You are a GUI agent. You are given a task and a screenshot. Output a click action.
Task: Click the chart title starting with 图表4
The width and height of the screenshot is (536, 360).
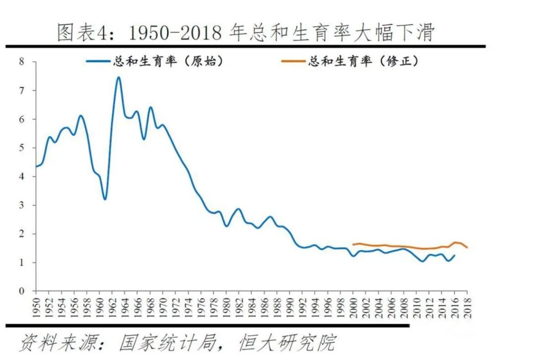[246, 33]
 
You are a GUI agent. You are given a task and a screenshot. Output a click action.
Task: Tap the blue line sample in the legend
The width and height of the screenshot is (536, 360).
[98, 62]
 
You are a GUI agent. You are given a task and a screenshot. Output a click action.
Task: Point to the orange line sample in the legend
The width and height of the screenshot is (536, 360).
[293, 62]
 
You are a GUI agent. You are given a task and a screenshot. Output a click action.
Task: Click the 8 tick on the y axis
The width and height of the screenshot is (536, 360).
[21, 62]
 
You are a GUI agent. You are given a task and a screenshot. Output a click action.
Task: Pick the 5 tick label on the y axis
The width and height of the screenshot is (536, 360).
[21, 148]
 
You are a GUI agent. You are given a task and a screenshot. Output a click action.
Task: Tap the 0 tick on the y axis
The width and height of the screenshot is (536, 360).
[21, 291]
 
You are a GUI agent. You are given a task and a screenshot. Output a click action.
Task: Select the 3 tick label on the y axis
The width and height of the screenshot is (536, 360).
[21, 205]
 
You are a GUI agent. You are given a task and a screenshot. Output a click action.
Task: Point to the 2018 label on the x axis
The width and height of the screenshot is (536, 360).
[467, 303]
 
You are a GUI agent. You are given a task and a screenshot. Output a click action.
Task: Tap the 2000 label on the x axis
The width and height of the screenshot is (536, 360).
[353, 303]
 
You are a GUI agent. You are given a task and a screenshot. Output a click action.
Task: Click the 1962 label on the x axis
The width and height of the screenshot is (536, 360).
[113, 303]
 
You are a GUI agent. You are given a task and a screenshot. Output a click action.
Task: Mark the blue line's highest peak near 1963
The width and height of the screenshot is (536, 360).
[118, 77]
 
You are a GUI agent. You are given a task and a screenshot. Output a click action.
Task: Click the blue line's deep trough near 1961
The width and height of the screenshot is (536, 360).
[105, 199]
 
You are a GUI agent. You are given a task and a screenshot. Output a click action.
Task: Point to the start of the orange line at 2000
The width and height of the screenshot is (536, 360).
[353, 244]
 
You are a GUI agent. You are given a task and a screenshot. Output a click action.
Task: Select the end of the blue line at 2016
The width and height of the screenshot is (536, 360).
[454, 255]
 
